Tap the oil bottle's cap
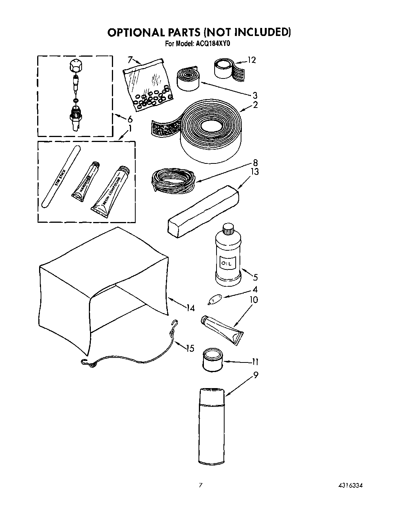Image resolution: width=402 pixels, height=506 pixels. tap(228, 228)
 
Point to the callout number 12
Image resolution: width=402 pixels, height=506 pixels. tap(251, 60)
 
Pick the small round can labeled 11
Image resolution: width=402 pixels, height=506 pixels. tap(212, 360)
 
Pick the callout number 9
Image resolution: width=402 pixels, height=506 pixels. tap(256, 375)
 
